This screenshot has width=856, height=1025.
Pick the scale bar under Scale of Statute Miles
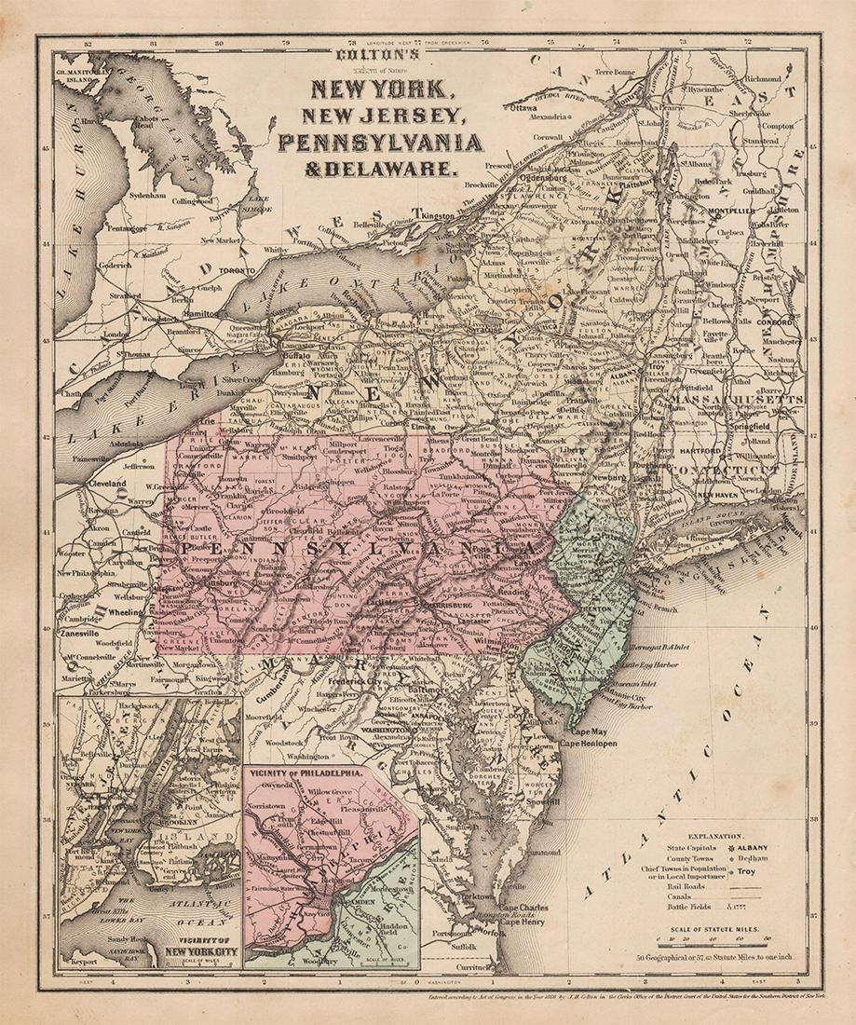tap(713, 941)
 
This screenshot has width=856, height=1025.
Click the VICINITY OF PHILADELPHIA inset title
tap(304, 773)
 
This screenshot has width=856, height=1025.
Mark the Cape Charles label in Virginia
tap(523, 908)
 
